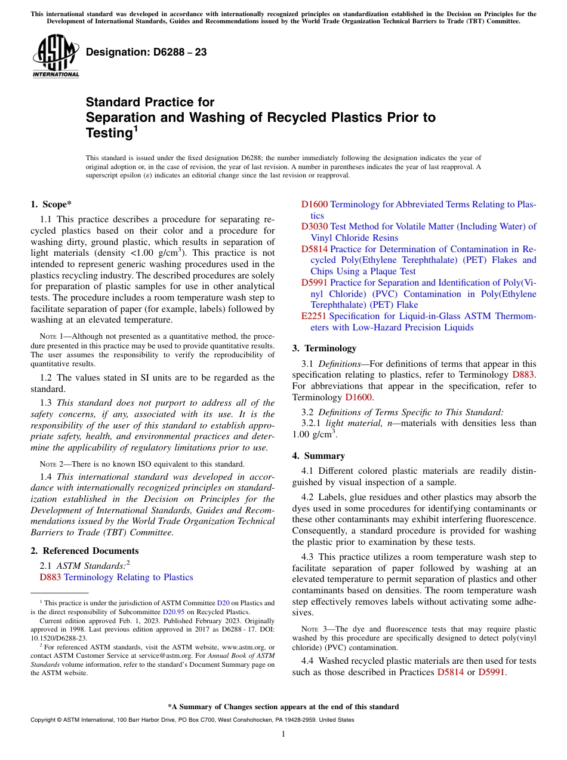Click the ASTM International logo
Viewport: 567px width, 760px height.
point(55,56)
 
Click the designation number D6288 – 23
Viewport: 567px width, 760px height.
point(146,52)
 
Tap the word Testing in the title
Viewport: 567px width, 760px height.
point(108,133)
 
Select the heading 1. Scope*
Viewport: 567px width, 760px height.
point(51,204)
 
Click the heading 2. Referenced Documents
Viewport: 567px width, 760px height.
point(84,551)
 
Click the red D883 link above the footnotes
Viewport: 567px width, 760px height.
point(50,577)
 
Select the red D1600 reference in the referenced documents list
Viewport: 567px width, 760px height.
point(315,204)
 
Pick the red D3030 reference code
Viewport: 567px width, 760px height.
point(315,226)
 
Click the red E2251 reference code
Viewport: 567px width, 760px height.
point(314,316)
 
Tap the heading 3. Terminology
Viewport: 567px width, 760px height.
point(324,348)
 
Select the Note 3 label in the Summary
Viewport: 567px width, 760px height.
point(313,629)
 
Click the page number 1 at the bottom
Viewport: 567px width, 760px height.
point(283,734)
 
